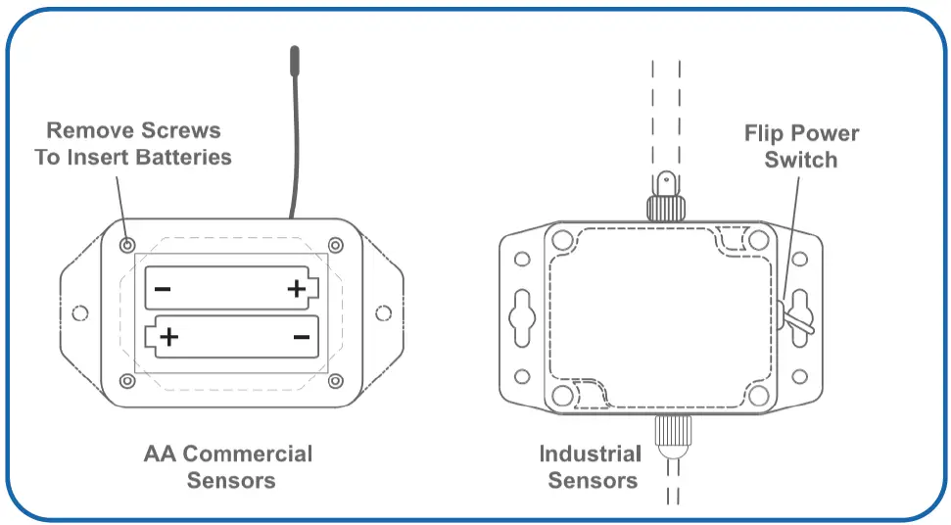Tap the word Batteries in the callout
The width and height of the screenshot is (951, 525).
[184, 157]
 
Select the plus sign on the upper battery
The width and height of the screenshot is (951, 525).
[297, 288]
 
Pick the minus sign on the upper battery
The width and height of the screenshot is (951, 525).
[163, 288]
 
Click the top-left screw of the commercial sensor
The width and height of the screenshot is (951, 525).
[127, 244]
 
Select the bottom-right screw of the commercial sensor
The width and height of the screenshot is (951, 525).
[336, 380]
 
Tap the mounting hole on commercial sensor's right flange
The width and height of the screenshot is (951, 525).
[383, 313]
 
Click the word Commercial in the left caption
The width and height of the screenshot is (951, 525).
[247, 454]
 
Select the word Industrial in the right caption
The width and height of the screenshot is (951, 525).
[591, 454]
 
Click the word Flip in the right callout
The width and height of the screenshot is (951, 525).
[765, 134]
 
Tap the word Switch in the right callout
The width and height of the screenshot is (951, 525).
[801, 160]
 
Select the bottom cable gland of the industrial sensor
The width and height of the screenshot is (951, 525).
[672, 435]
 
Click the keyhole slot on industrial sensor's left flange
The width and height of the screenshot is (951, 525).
[520, 313]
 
